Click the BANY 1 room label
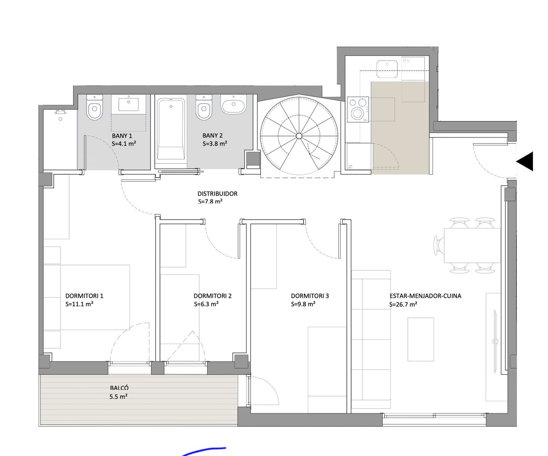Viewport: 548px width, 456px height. [122, 136]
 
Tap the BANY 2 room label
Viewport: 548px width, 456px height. [213, 136]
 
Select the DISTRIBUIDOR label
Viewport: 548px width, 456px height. [217, 194]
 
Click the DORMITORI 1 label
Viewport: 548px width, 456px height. [84, 296]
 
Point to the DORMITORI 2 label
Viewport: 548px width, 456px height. [213, 296]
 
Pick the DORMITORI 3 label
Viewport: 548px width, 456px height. [310, 296]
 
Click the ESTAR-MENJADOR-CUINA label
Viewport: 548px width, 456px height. [426, 296]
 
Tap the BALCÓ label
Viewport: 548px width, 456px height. [119, 388]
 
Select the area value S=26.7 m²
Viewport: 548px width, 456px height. [403, 304]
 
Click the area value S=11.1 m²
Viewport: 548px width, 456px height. [80, 304]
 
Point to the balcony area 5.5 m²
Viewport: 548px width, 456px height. [118, 396]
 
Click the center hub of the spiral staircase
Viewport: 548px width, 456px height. [299, 136]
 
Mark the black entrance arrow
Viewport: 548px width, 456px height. [525, 161]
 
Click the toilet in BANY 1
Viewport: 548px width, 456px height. [95, 108]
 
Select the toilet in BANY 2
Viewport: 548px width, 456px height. [204, 108]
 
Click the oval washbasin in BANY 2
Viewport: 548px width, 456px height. [233, 104]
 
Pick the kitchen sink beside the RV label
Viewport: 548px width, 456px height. [387, 69]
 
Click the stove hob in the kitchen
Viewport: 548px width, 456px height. [358, 109]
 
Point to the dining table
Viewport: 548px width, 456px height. [472, 246]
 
